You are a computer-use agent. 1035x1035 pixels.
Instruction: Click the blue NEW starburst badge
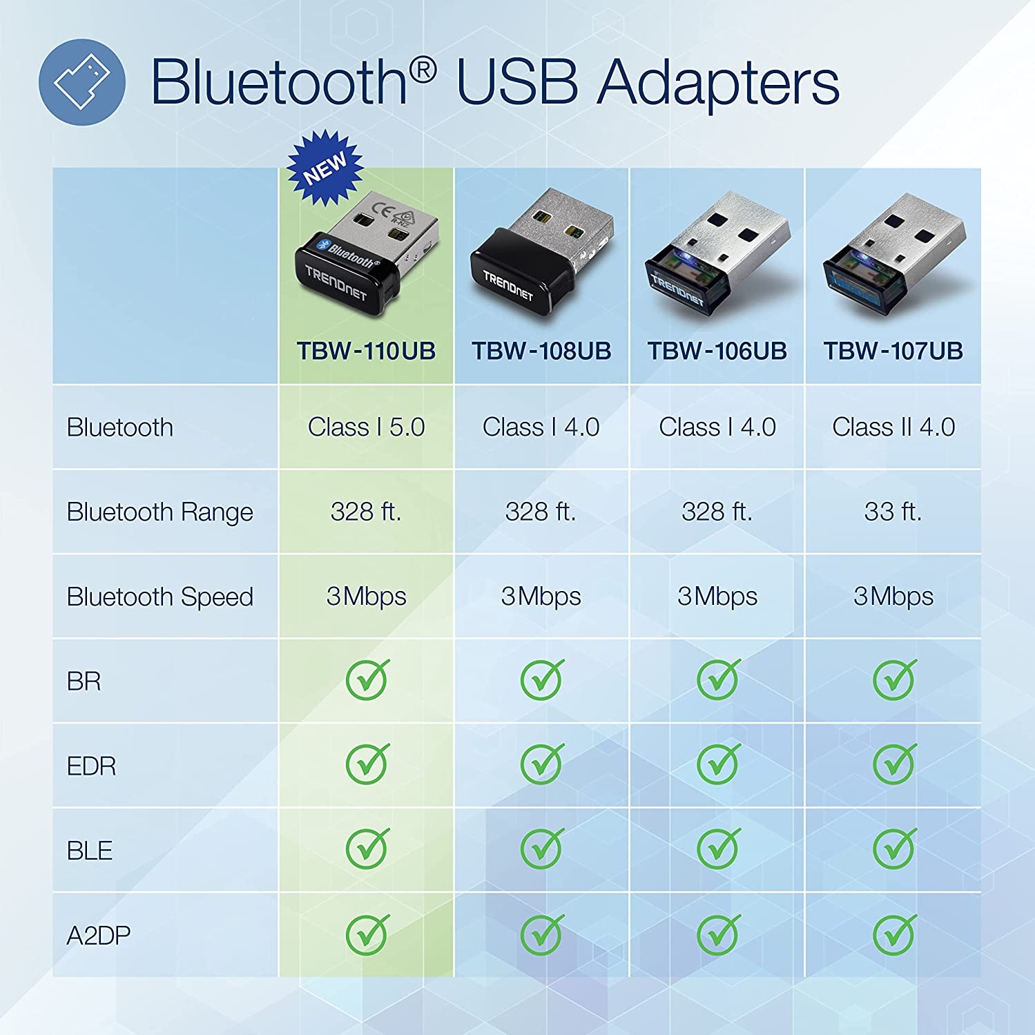coord(325,168)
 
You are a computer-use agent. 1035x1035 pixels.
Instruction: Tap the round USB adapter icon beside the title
coord(82,82)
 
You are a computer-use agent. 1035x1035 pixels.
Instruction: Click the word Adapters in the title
coord(718,84)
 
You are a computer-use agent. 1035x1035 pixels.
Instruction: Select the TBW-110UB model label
coord(366,351)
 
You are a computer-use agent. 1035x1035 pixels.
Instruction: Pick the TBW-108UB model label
coord(541,351)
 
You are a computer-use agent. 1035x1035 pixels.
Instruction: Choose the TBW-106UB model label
coord(717,351)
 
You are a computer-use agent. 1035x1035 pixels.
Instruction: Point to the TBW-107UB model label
coord(893,351)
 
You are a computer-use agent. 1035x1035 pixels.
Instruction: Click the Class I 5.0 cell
coord(366,427)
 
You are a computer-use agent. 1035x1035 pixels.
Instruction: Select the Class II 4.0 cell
coord(893,427)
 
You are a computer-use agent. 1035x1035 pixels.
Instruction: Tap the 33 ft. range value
coord(893,512)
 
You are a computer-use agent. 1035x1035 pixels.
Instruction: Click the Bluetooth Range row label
coord(159,512)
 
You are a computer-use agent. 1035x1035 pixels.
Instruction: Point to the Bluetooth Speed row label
coord(159,597)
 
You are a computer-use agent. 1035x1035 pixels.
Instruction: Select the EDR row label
coord(91,766)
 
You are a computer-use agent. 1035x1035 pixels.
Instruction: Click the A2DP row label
coord(98,936)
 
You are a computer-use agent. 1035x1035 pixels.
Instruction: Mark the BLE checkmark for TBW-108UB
coord(543,848)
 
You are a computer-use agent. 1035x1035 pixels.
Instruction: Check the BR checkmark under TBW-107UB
coord(895,679)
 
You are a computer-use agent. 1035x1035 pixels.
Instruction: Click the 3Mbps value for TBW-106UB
coord(717,596)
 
